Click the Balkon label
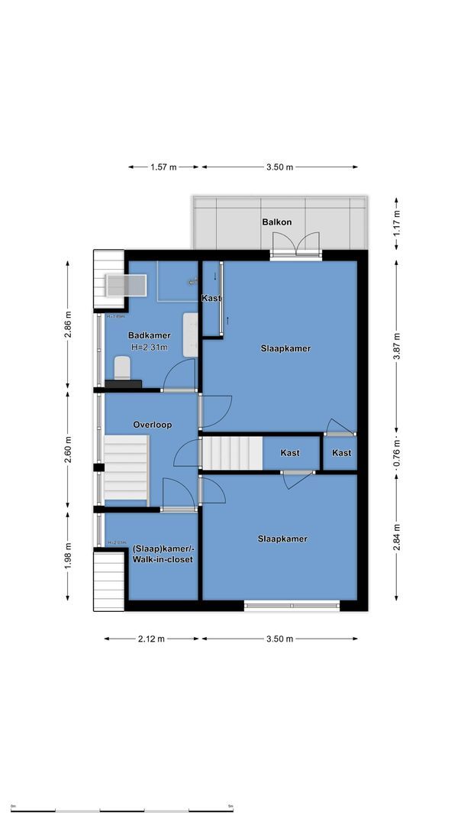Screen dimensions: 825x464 click(x=276, y=222)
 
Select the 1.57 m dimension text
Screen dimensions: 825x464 click(x=163, y=167)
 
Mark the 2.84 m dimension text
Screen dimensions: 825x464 click(x=396, y=538)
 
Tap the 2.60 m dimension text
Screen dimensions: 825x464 click(x=68, y=450)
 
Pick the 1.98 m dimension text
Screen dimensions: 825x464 click(x=68, y=555)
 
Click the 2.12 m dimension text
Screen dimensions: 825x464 click(x=152, y=639)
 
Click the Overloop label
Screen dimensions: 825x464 click(x=152, y=425)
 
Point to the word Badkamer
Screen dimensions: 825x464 click(x=149, y=335)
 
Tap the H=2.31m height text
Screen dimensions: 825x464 click(x=149, y=347)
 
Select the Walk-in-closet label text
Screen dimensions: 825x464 click(x=162, y=560)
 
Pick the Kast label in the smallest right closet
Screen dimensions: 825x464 click(x=341, y=453)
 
